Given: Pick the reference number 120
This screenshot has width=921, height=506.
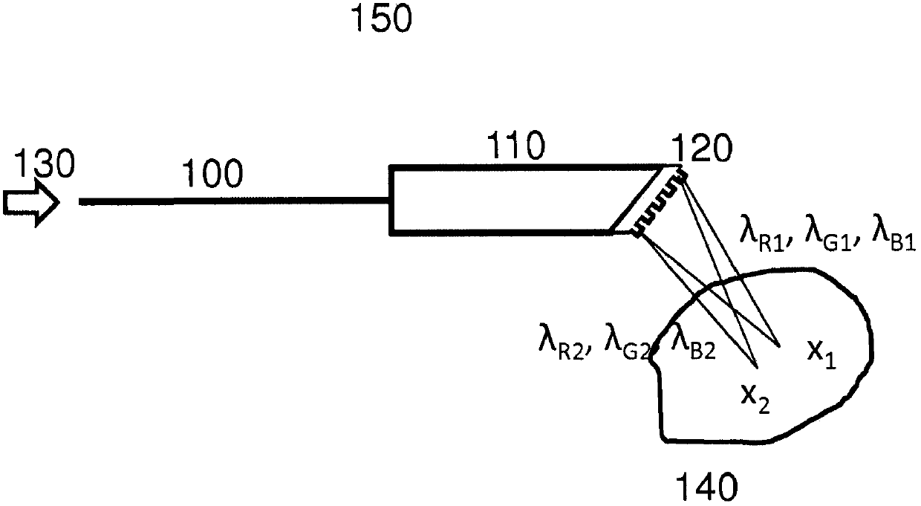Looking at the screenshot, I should pyautogui.click(x=701, y=151).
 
